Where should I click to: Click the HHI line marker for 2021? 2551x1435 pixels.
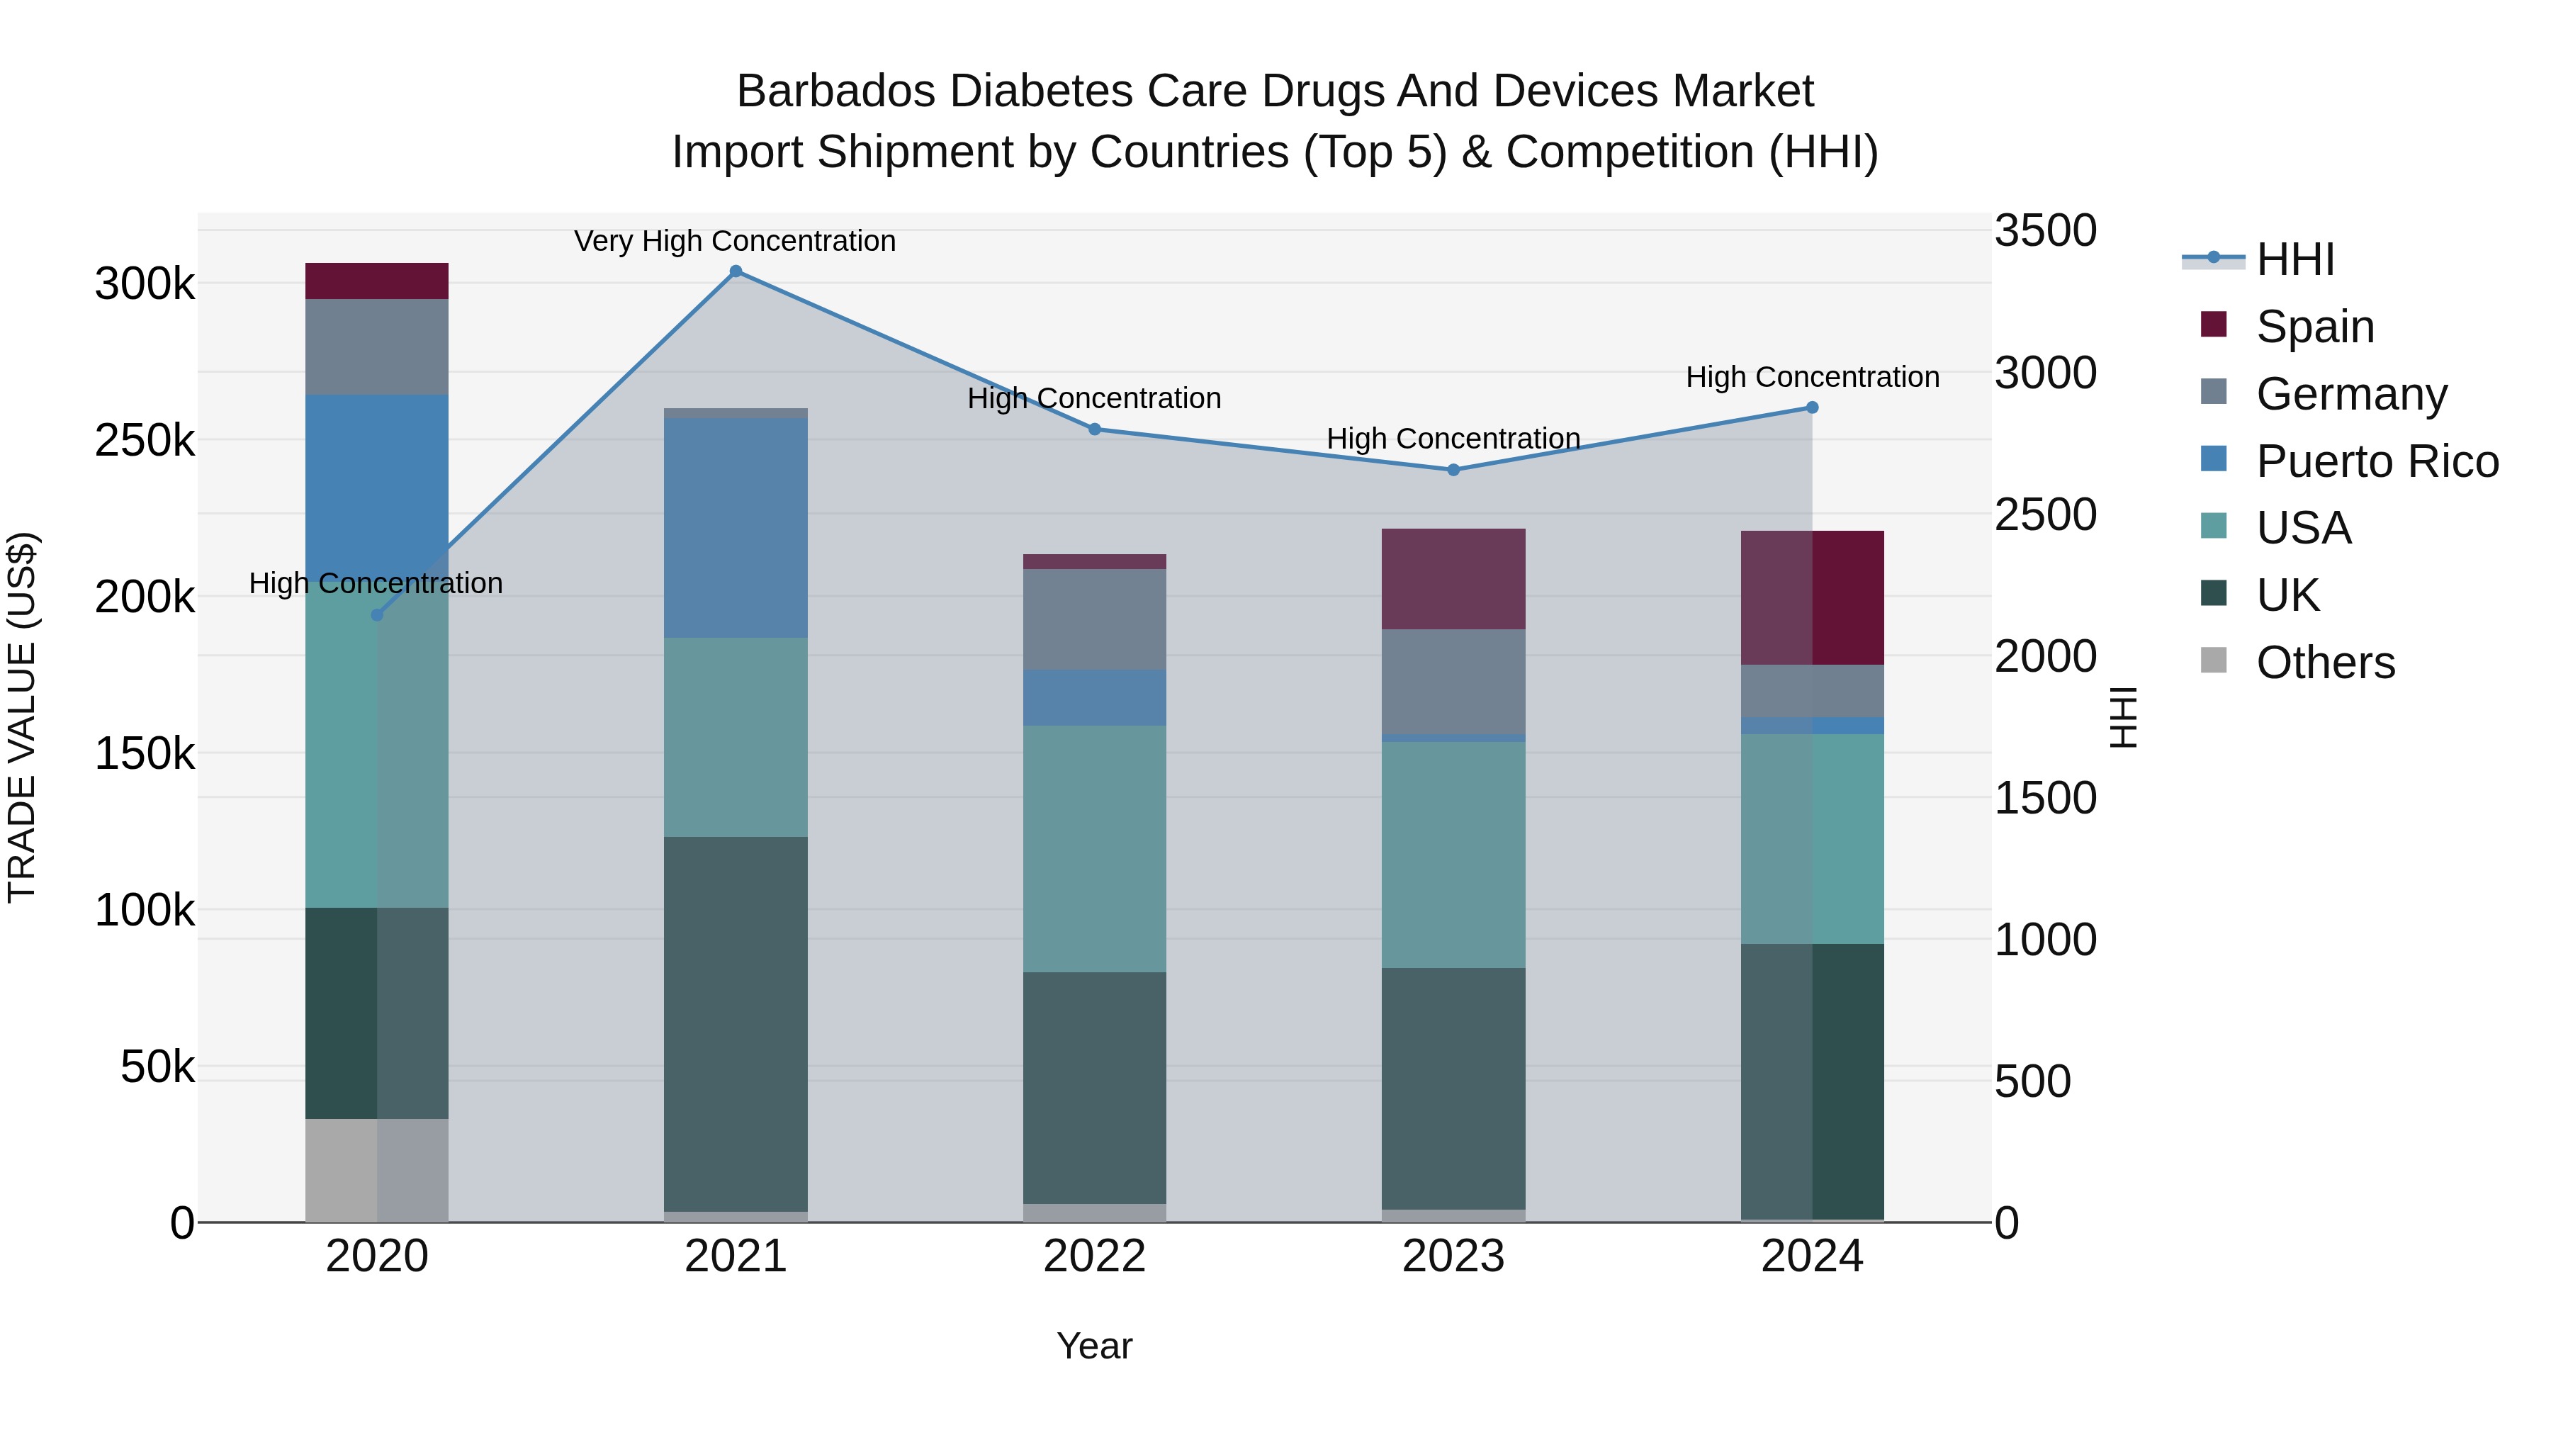pos(736,271)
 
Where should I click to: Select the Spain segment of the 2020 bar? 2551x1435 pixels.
pos(376,281)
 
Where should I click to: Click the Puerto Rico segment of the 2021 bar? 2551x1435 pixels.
pos(736,528)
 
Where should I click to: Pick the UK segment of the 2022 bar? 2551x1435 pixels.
pos(1094,1087)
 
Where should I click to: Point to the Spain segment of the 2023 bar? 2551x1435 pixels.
pos(1453,580)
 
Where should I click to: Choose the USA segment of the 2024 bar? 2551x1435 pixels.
pos(1812,839)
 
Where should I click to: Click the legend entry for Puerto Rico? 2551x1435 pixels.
pos(2377,461)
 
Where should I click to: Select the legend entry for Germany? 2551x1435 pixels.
pos(2351,394)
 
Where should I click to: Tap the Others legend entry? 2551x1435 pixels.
pos(2324,663)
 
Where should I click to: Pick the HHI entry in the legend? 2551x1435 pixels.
pos(2294,259)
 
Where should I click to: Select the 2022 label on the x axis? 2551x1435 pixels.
pos(1094,1256)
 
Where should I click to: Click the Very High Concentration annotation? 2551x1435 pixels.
pos(735,241)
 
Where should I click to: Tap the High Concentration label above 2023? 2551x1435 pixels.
pos(1453,438)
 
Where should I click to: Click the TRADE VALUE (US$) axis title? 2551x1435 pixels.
pos(23,717)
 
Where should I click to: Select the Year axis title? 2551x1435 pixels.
pos(1094,1346)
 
